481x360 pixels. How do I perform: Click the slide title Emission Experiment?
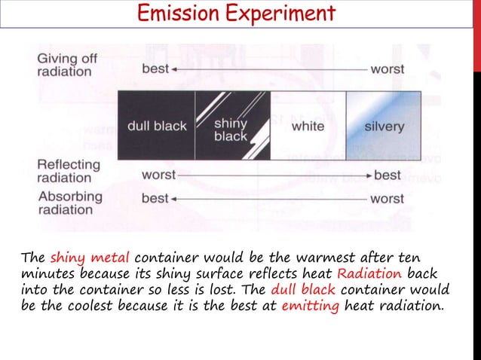click(x=236, y=14)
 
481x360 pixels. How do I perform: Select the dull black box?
click(x=156, y=126)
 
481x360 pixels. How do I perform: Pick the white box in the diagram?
click(x=308, y=126)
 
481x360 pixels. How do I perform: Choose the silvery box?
click(x=384, y=126)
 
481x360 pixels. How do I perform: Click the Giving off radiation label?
click(x=65, y=65)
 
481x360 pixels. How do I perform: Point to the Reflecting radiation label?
click(x=69, y=171)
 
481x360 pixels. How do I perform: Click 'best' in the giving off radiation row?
click(x=155, y=69)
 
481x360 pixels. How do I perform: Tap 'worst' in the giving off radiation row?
click(x=387, y=69)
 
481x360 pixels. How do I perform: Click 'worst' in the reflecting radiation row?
click(x=158, y=175)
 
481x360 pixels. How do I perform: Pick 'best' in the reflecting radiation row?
click(x=388, y=175)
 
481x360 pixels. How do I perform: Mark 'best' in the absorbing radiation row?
click(x=155, y=199)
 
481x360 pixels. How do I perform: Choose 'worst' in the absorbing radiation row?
click(x=387, y=199)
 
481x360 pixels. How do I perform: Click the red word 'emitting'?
click(x=308, y=305)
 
